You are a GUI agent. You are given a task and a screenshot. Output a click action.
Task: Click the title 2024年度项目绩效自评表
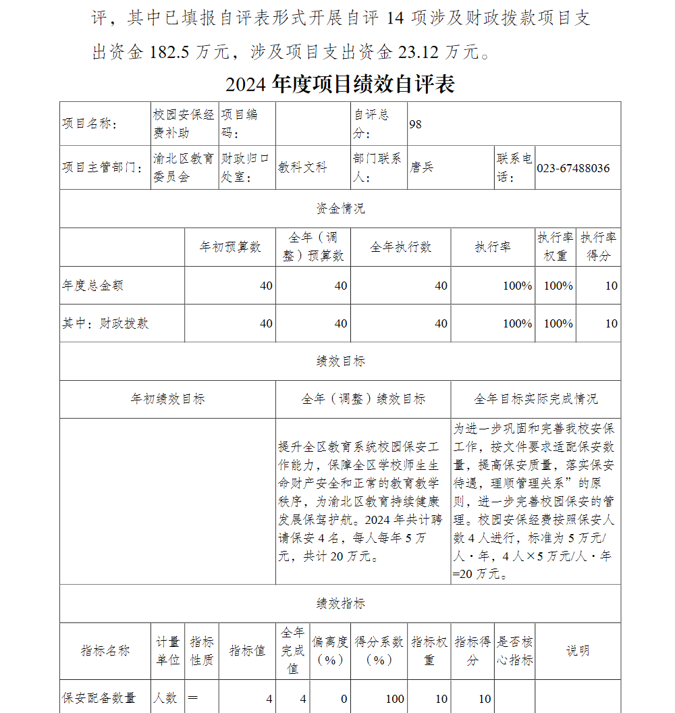pyautogui.click(x=340, y=84)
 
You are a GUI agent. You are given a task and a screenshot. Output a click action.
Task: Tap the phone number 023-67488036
pyautogui.click(x=573, y=167)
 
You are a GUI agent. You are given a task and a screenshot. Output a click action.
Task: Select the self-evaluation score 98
pyautogui.click(x=415, y=124)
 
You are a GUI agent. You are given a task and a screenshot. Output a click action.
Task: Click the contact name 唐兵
pyautogui.click(x=421, y=167)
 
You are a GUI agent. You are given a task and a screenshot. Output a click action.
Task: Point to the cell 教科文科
pyautogui.click(x=302, y=167)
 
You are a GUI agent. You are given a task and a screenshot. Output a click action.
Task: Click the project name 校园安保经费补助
pyautogui.click(x=184, y=124)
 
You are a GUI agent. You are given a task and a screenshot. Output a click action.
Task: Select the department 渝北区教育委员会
pyautogui.click(x=183, y=167)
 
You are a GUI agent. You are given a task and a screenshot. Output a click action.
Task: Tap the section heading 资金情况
pyautogui.click(x=340, y=209)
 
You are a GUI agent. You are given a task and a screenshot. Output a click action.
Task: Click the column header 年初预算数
pyautogui.click(x=230, y=247)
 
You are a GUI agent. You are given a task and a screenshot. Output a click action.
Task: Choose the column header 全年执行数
pyautogui.click(x=400, y=247)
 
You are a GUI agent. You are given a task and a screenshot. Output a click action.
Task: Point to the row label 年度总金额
pyautogui.click(x=93, y=286)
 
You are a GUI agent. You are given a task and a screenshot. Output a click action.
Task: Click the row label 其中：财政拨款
pyautogui.click(x=105, y=323)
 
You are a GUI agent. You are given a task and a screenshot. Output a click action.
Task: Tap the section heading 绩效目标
pyautogui.click(x=340, y=361)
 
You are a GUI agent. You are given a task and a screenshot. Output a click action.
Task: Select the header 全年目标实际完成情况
pyautogui.click(x=535, y=399)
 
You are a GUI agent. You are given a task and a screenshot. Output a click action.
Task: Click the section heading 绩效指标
pyautogui.click(x=340, y=604)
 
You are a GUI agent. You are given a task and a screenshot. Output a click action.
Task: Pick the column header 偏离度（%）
pyautogui.click(x=330, y=651)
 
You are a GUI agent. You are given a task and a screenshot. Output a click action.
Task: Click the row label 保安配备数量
pyautogui.click(x=99, y=698)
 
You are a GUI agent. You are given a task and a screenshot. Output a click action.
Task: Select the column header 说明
pyautogui.click(x=577, y=651)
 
